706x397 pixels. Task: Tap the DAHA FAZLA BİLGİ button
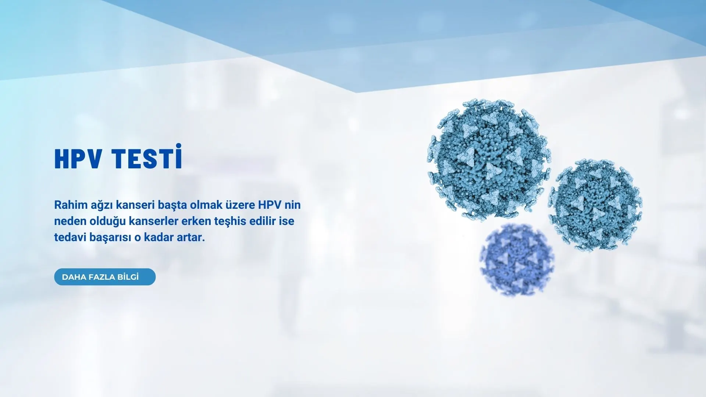[x=105, y=277]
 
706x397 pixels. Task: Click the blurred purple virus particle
[x=517, y=260]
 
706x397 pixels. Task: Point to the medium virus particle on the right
[x=595, y=205]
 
